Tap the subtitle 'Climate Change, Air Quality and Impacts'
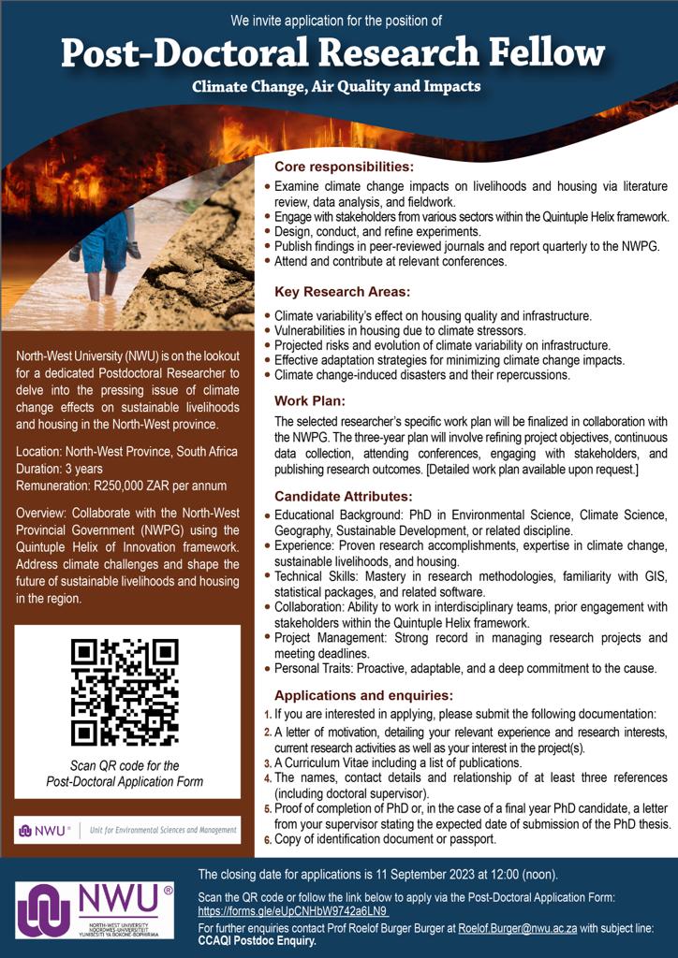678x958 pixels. [336, 87]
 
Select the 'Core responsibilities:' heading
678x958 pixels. [344, 167]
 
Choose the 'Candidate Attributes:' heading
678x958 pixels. [343, 496]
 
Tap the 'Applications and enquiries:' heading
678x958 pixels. [363, 695]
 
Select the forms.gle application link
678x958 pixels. [293, 911]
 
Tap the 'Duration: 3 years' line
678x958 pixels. [59, 469]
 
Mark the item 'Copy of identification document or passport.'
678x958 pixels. [385, 839]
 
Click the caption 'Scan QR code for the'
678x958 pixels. [125, 766]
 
